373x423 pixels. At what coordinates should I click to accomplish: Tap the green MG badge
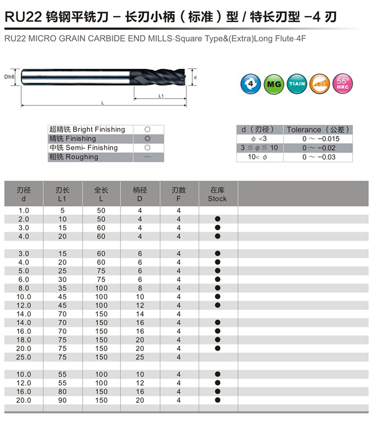click(x=273, y=83)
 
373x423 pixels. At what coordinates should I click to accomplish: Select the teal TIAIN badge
click(x=296, y=83)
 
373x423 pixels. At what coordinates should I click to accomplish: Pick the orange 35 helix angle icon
click(x=319, y=83)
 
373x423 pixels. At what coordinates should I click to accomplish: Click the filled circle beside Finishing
click(x=147, y=139)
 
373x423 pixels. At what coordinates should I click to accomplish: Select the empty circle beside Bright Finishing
click(x=147, y=130)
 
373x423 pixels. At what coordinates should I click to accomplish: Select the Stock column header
click(x=217, y=194)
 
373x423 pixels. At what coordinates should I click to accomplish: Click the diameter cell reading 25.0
click(x=24, y=357)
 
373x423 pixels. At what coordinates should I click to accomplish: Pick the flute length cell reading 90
click(x=62, y=400)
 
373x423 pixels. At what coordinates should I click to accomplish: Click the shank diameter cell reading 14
click(x=140, y=314)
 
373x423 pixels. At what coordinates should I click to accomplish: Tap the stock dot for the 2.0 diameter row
click(x=217, y=219)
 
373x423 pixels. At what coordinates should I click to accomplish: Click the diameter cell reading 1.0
click(x=24, y=211)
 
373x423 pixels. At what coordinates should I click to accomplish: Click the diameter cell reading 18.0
click(x=24, y=340)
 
